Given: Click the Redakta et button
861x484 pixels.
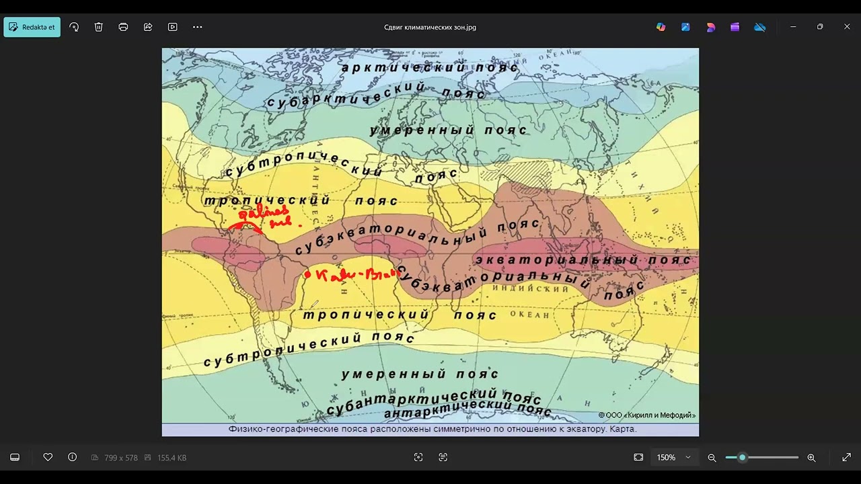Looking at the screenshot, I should pos(32,27).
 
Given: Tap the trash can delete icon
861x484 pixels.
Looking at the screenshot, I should pos(99,27).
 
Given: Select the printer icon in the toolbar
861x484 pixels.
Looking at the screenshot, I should pos(123,27).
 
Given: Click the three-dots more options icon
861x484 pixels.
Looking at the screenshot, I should pos(197,27).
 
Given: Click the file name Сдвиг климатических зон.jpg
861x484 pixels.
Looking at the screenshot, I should pos(430,28).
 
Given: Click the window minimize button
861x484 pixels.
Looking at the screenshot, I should pos(793,27).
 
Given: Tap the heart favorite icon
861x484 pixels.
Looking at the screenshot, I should pos(48,457).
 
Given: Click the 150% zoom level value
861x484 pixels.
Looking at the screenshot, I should pos(666,458).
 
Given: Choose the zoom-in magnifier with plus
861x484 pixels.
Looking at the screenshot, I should pos(811,458).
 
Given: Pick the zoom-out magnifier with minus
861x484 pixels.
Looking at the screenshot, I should pos(712,458).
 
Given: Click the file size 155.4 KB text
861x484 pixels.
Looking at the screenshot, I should pos(172,458).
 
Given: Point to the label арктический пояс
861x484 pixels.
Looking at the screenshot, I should pos(430,67).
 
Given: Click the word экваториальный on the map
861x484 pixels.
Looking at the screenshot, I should pos(557,259).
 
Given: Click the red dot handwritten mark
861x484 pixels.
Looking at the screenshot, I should pos(307,274).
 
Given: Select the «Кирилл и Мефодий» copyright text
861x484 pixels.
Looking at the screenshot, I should pos(651,415).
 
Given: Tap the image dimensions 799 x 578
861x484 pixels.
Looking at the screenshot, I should pos(121,458).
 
